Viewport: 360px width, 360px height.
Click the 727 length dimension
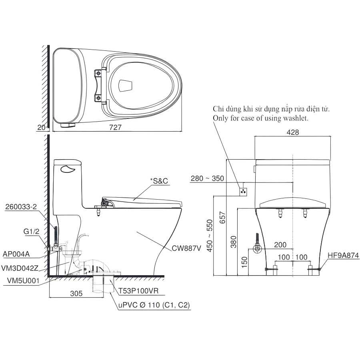point(115,128)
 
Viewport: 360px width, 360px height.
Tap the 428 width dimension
point(293,132)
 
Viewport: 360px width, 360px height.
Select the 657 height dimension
point(223,218)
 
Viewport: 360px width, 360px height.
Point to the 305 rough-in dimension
point(76,294)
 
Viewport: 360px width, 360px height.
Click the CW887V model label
point(186,248)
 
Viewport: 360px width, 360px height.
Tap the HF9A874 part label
point(343,255)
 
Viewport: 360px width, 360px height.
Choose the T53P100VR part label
point(138,291)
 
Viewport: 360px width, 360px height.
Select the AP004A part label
point(16,254)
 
